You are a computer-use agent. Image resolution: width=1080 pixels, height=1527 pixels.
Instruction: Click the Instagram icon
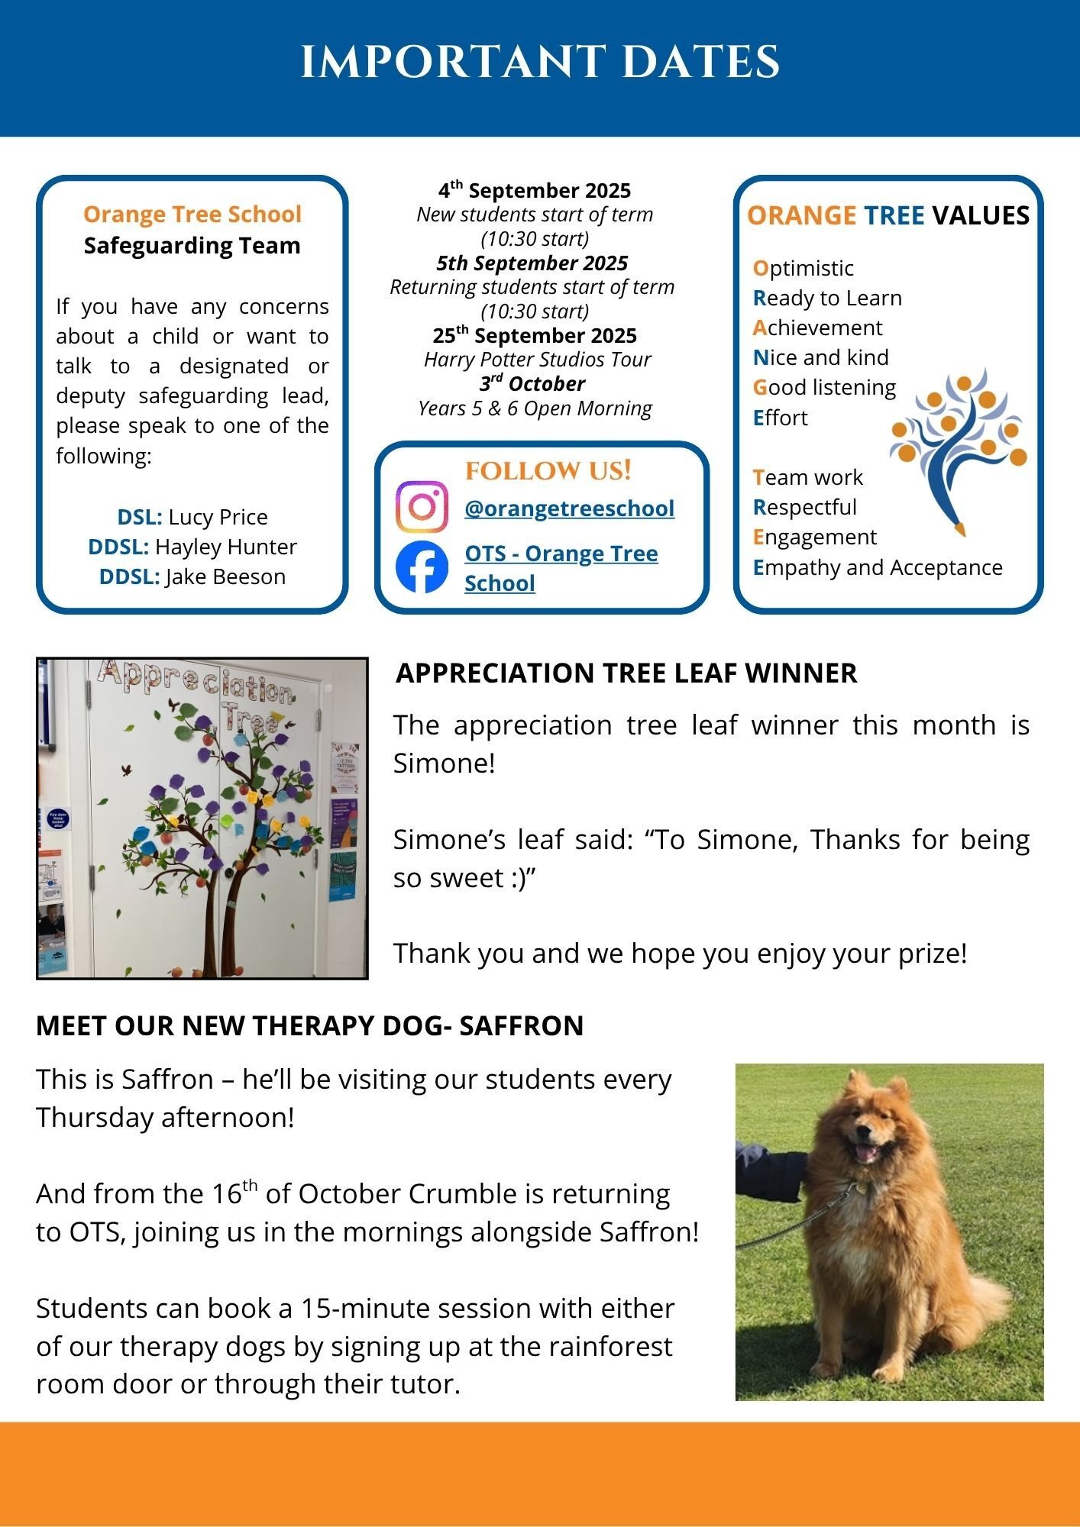tap(422, 507)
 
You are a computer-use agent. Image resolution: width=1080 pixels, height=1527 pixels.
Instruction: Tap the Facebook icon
tap(422, 567)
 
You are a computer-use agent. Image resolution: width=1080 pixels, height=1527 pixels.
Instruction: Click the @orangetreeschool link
tap(569, 508)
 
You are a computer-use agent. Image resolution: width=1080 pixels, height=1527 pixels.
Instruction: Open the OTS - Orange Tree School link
tap(561, 568)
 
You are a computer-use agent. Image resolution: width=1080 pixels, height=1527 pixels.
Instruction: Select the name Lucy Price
tap(218, 517)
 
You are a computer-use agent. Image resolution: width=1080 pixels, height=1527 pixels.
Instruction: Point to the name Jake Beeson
tap(225, 576)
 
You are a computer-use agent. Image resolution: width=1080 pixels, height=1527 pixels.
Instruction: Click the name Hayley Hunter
tap(225, 547)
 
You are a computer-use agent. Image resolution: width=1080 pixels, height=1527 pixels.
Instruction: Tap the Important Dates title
tap(540, 62)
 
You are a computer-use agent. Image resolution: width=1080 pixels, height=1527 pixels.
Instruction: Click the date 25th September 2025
tap(535, 335)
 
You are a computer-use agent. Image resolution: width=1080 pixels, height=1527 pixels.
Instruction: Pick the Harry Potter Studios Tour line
tap(537, 360)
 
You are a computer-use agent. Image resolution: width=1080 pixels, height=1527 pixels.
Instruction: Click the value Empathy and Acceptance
tap(878, 567)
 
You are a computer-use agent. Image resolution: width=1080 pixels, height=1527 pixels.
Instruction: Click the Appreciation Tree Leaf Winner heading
tap(626, 673)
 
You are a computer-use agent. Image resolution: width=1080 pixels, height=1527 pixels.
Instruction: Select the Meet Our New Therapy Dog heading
tap(309, 1025)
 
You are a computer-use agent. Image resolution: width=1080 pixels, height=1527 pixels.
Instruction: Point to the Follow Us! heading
tap(548, 471)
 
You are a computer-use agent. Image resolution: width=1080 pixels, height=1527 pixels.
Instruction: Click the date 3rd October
tap(532, 384)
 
